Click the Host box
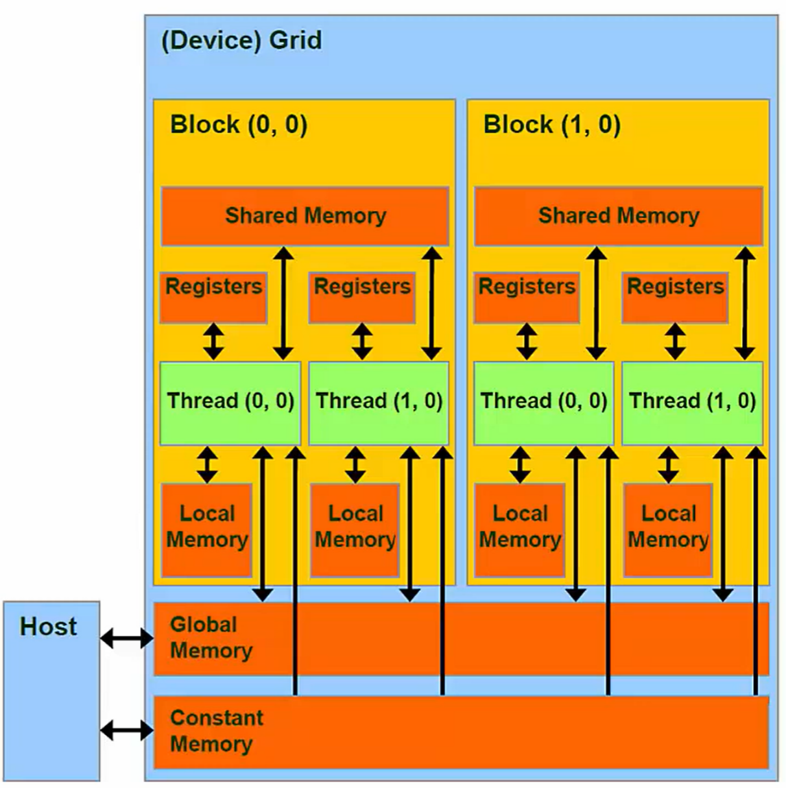click(51, 691)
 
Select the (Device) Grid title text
click(241, 40)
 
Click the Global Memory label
click(211, 638)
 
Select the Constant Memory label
click(216, 731)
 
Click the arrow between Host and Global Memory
click(126, 639)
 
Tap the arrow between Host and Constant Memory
click(126, 732)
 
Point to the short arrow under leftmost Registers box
click(213, 342)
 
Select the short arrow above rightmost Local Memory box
click(669, 464)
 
